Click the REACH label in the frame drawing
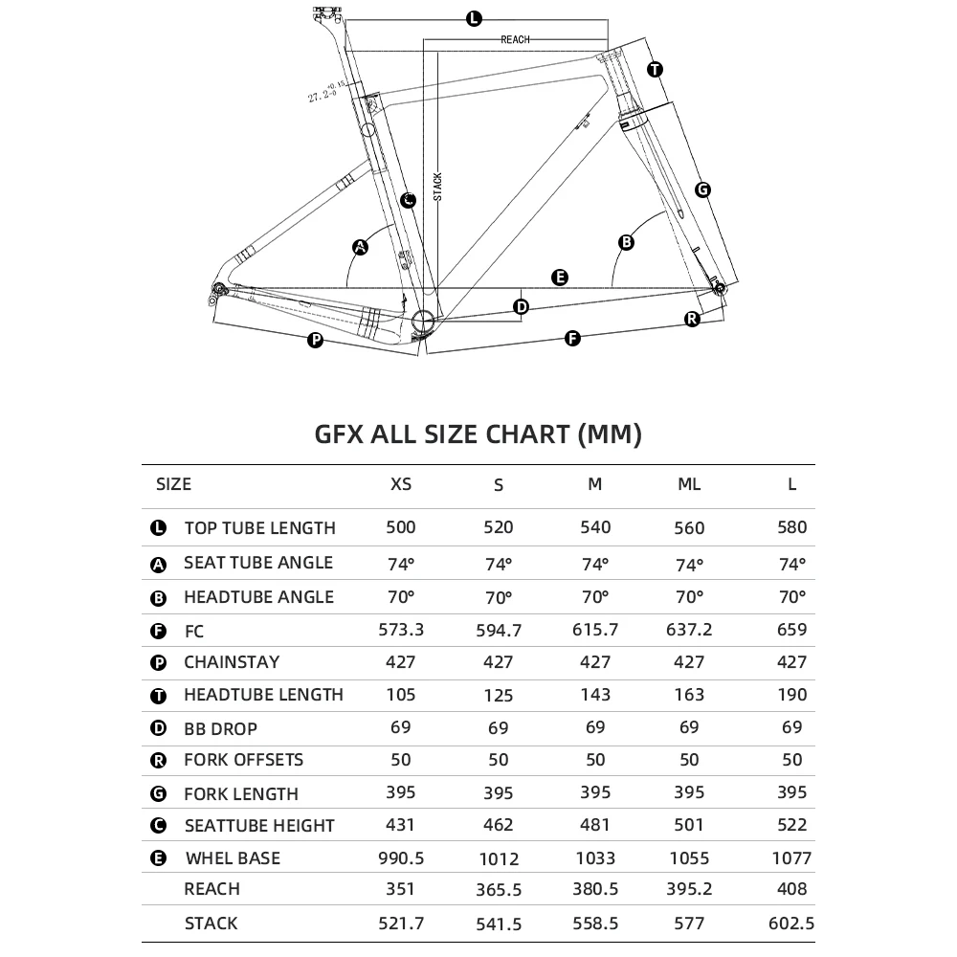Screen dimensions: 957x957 515,40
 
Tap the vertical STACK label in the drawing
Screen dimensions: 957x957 437,183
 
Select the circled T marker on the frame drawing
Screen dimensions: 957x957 655,69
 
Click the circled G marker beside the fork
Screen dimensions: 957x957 702,189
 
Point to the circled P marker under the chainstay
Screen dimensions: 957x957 316,341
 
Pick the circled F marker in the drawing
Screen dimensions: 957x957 572,338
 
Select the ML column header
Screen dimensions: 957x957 689,484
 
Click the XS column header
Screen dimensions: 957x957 401,484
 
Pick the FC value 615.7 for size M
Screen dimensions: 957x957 595,629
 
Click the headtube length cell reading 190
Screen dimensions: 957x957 792,695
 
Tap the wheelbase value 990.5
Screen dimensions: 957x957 401,858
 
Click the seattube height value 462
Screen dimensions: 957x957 499,825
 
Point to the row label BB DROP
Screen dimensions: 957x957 220,728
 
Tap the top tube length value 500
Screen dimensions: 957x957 401,526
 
